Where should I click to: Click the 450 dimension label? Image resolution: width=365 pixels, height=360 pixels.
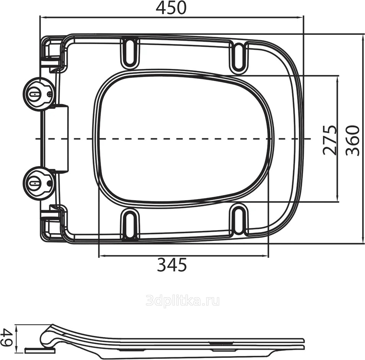171,7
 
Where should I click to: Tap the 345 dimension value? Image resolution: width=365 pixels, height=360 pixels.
172,265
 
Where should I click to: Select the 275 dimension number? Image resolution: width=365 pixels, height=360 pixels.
330,140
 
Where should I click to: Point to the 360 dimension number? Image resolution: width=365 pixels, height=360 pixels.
352,140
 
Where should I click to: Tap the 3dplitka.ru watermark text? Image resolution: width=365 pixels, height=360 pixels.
182,301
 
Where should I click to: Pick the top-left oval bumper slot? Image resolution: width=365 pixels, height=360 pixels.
130,53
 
